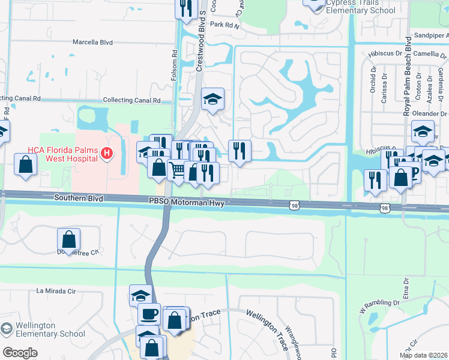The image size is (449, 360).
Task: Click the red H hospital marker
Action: coord(107,154)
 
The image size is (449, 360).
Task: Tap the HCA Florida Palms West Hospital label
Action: coord(62,154)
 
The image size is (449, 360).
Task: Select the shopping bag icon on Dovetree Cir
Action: coord(70,239)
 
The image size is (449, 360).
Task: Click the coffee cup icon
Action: coord(149,313)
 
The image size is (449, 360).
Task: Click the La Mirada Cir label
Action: coord(57,291)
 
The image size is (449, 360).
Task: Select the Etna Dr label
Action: coord(406,284)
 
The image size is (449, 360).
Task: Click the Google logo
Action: coord(20,353)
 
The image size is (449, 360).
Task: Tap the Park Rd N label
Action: coord(224,25)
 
